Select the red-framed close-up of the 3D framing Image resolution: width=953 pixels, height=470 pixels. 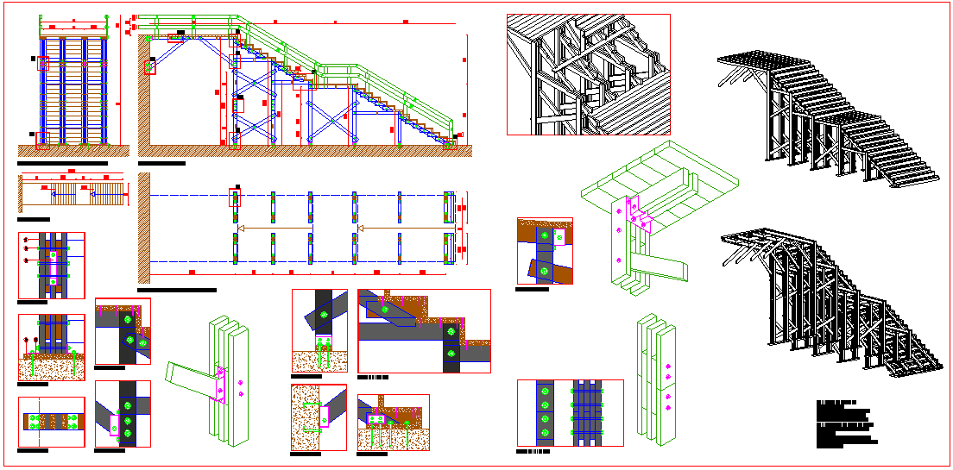(x=588, y=74)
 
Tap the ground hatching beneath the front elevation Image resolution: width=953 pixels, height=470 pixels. (x=73, y=151)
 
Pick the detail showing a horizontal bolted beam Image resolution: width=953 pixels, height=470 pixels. (x=51, y=421)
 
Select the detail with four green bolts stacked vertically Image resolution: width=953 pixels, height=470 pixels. (x=544, y=412)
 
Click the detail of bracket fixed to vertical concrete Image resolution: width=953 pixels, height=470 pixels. (x=319, y=417)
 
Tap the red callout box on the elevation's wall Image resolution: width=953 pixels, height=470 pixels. (x=149, y=66)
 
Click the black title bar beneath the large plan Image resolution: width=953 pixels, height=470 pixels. (x=177, y=291)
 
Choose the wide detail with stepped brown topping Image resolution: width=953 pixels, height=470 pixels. (x=424, y=330)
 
